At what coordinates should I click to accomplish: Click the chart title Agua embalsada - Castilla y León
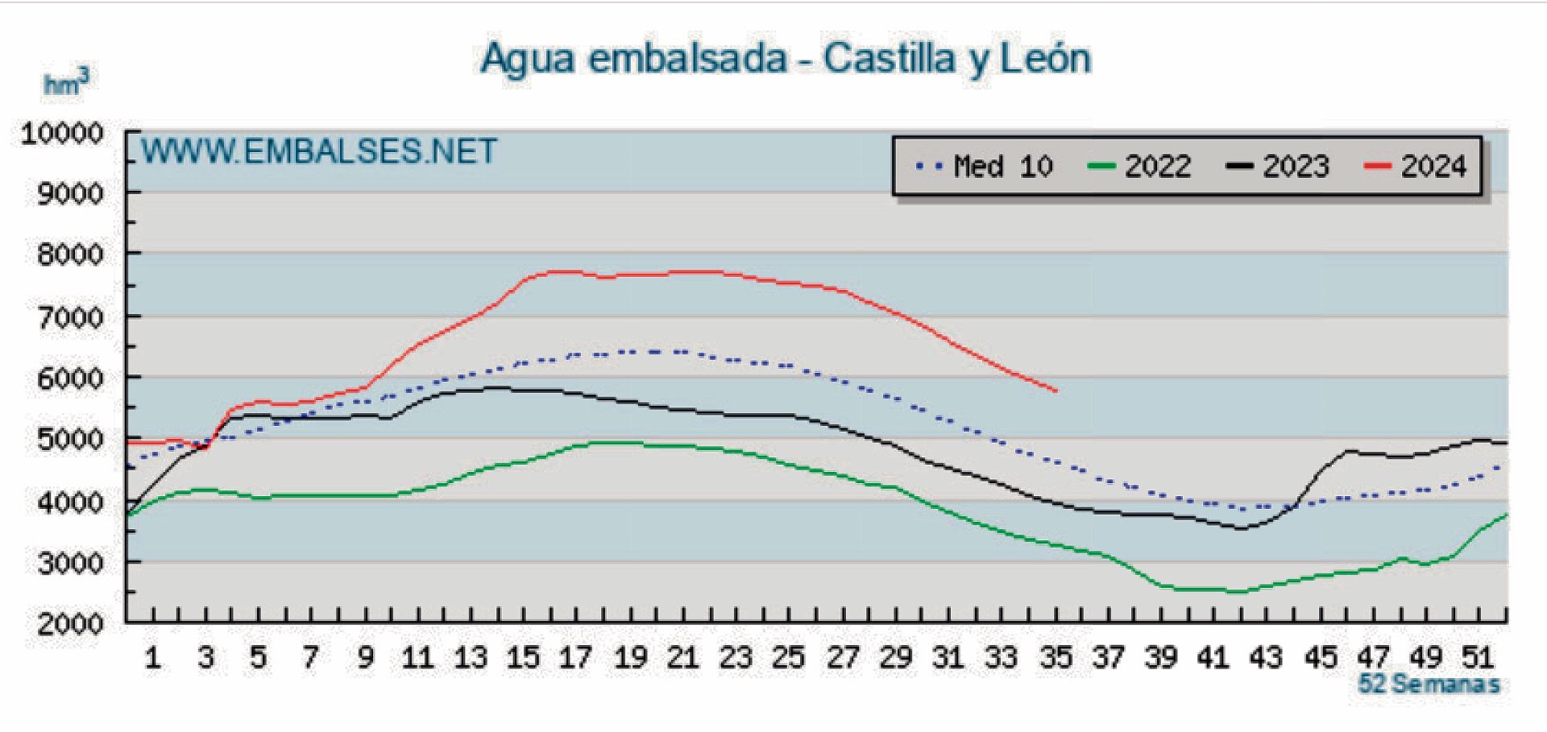coord(786,58)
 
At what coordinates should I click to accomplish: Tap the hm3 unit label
coord(65,83)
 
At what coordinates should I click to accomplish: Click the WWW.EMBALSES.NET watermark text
coord(320,151)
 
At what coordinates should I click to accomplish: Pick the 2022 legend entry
coord(1139,167)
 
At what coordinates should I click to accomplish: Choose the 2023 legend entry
coord(1277,167)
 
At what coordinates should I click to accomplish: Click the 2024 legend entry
coord(1415,167)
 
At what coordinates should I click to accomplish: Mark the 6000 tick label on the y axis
coord(70,378)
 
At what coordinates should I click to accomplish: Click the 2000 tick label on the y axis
coord(70,624)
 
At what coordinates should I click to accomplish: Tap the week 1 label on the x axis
coord(152,658)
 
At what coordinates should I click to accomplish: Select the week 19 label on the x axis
coord(629,658)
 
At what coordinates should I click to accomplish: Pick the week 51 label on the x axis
coord(1479,658)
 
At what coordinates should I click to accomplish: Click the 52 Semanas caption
coord(1429,684)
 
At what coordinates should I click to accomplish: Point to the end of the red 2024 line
coord(1056,391)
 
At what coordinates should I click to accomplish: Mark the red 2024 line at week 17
coord(574,272)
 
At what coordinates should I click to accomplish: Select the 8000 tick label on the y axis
coord(70,255)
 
